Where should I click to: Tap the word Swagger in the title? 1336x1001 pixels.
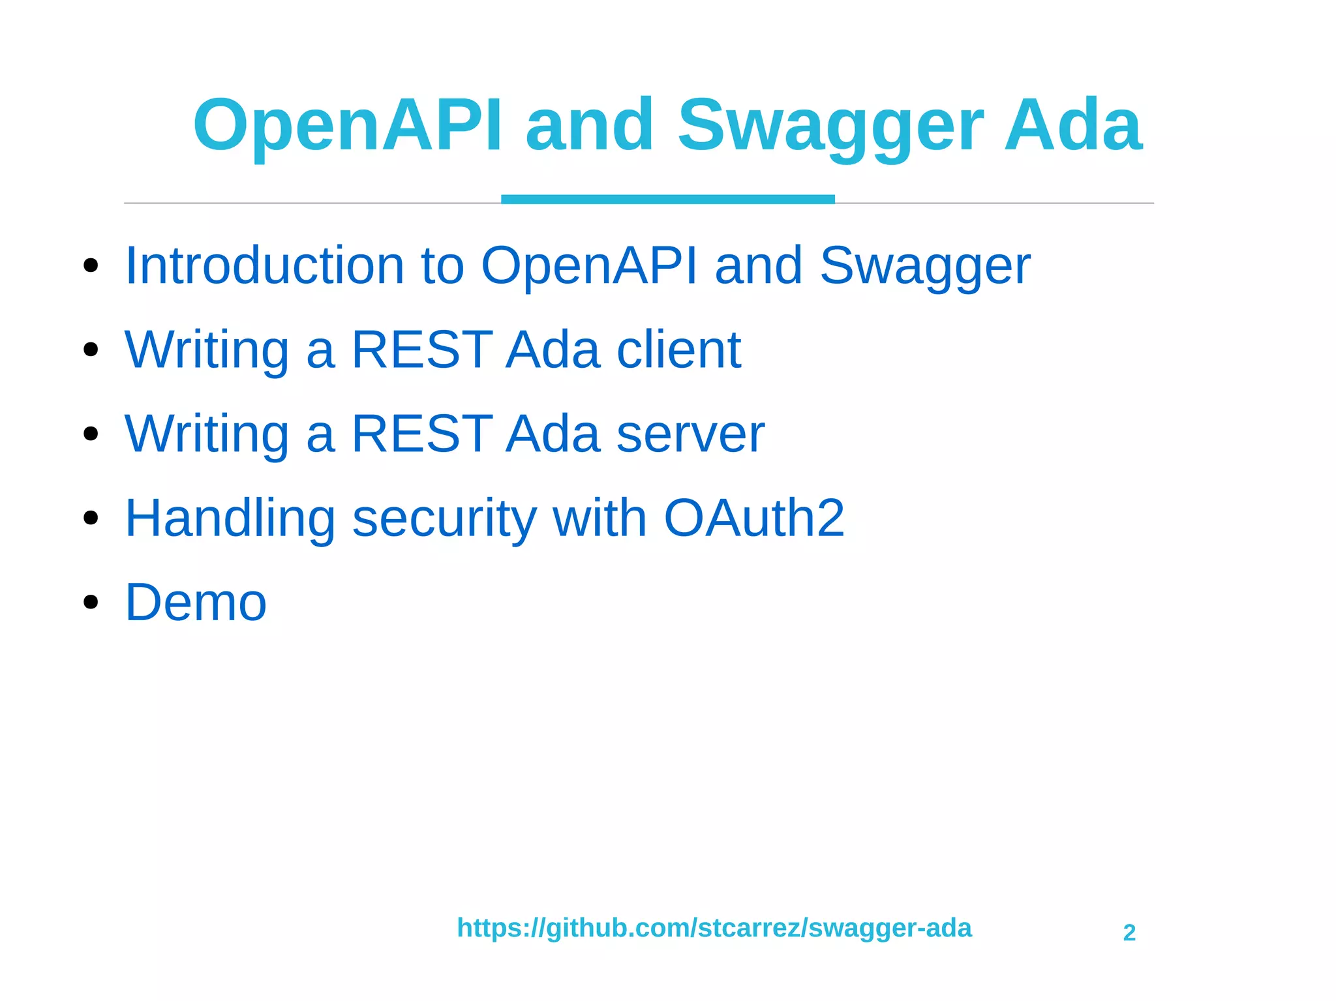pos(830,125)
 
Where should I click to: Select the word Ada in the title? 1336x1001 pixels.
pos(1072,125)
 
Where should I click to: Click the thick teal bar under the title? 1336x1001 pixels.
pos(667,199)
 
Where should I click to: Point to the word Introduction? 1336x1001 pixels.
pos(264,265)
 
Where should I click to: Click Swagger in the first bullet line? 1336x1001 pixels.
pos(924,265)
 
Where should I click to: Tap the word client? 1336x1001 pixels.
pos(678,350)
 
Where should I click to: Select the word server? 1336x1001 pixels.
pos(690,434)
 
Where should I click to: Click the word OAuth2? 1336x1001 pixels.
pos(753,518)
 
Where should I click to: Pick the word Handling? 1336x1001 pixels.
pos(230,518)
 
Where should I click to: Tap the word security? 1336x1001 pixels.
pos(444,518)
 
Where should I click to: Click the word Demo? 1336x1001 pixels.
pos(196,602)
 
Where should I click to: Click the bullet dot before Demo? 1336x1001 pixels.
pos(91,602)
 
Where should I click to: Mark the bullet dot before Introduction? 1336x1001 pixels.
pos(91,265)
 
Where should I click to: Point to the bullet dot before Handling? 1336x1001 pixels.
pos(91,518)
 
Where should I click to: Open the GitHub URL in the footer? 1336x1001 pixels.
pos(714,927)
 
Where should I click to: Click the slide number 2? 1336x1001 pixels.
pos(1129,933)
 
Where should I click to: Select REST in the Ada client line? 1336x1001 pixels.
pos(421,350)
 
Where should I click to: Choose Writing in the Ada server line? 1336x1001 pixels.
pos(207,434)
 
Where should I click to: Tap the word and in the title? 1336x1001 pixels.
pos(589,125)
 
